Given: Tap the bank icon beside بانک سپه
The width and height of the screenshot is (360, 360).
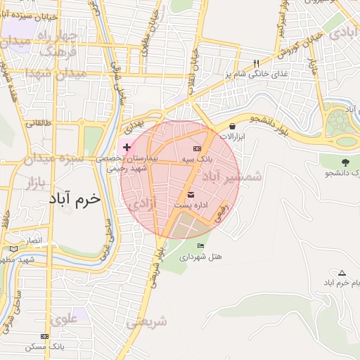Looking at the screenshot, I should (196, 148).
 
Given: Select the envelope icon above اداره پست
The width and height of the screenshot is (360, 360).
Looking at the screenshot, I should (191, 194).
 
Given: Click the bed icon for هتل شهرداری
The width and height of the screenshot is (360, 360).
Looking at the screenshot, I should (201, 245).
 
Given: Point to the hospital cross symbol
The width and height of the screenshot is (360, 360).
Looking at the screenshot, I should (127, 147).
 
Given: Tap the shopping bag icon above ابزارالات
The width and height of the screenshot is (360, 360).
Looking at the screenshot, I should (233, 126).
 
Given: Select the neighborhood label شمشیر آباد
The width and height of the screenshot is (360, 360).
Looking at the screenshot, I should (231, 177).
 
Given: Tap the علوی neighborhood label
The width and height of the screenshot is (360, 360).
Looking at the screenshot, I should (65, 319).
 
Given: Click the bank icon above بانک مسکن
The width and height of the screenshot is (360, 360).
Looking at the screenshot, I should (46, 337).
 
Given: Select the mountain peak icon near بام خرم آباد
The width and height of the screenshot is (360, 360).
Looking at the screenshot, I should (342, 273).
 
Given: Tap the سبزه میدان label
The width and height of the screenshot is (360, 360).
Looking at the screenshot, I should (52, 159).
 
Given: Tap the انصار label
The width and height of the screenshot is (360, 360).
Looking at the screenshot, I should (34, 241).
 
